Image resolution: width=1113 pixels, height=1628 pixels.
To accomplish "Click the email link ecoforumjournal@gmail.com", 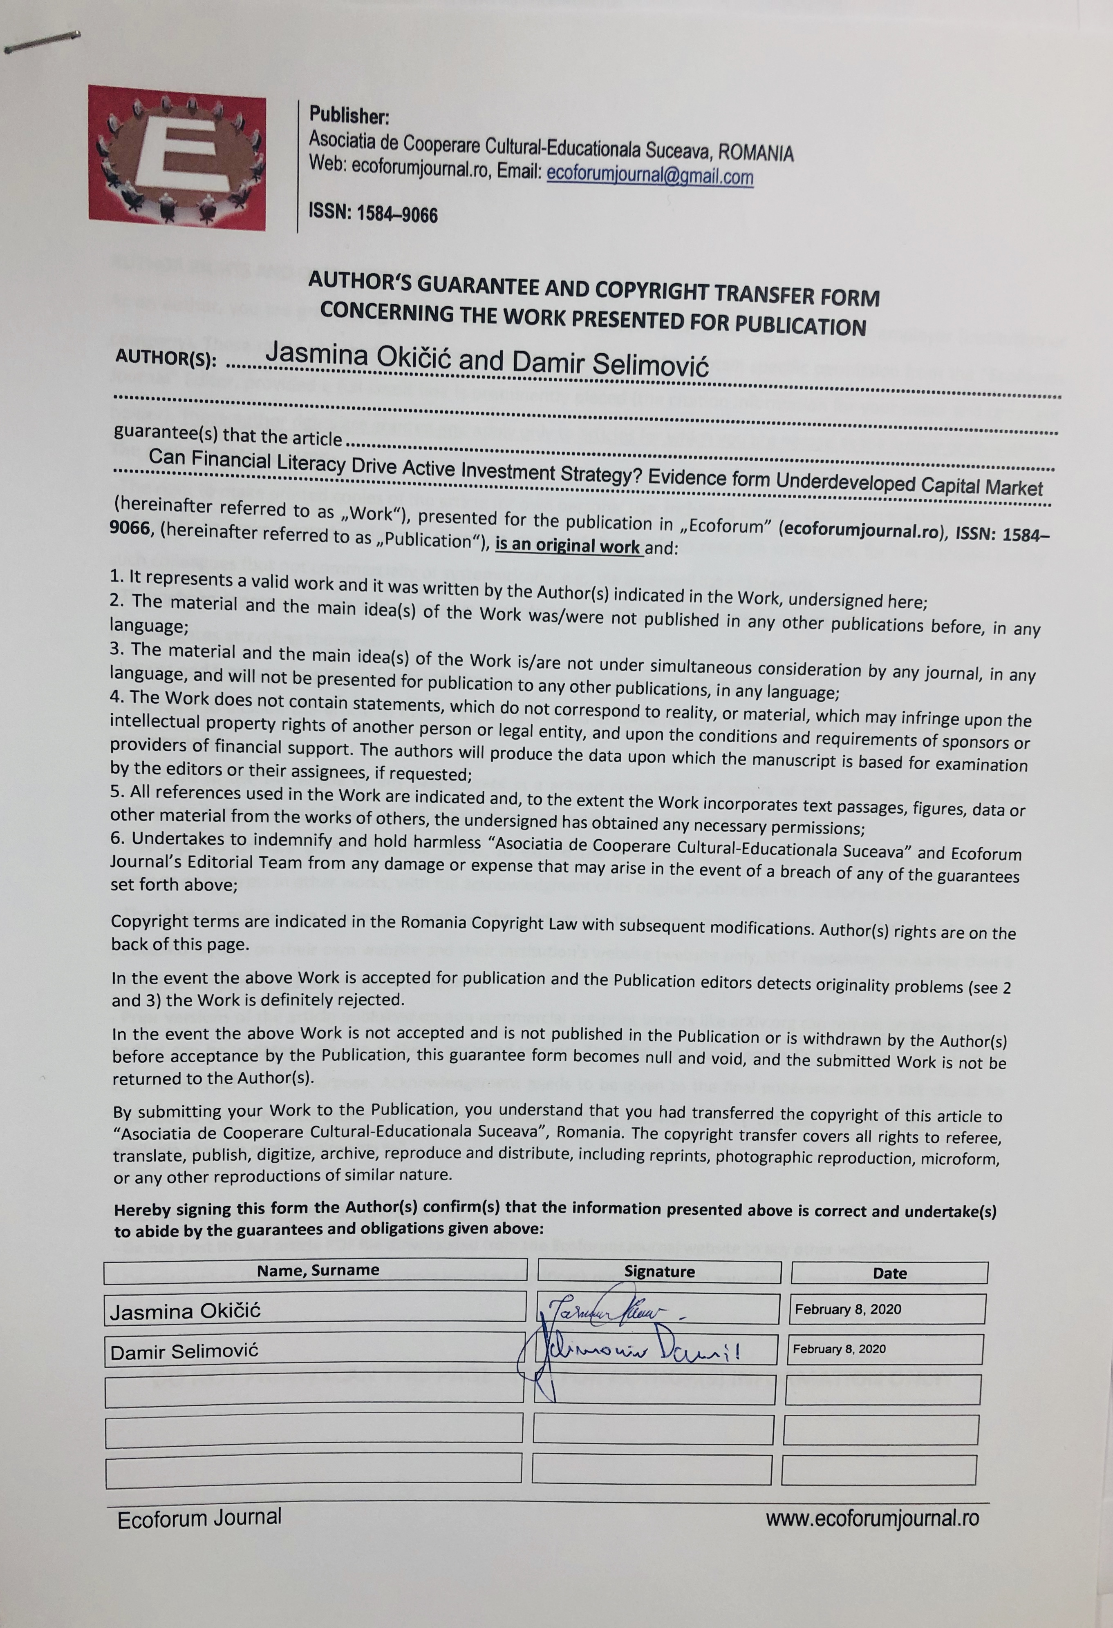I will point(650,175).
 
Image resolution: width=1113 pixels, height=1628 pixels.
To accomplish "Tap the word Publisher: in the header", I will point(349,115).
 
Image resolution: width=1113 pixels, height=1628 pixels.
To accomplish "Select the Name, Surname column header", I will point(318,1269).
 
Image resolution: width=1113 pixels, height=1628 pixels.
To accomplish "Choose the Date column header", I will point(889,1273).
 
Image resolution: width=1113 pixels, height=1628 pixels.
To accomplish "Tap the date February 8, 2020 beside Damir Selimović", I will point(839,1349).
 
